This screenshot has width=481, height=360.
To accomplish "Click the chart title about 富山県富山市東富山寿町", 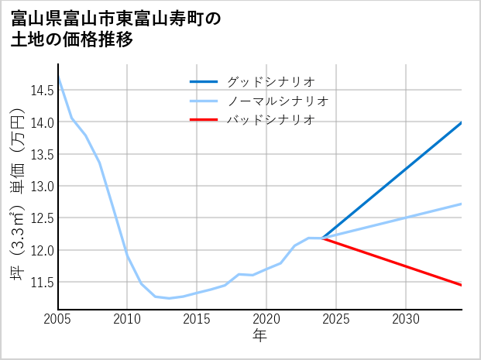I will coord(116,29).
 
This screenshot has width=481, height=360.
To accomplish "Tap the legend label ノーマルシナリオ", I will coord(277,101).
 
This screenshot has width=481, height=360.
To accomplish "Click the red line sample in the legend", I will coord(204,119).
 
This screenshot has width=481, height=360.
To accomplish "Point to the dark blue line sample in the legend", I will coord(204,81).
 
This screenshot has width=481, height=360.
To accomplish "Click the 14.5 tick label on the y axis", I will coord(42,91).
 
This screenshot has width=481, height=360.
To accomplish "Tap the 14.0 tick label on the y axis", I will coord(42,122).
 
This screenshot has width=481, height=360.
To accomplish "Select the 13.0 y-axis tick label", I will coord(42,186).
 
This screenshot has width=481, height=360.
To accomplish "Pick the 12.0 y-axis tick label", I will coord(42,250).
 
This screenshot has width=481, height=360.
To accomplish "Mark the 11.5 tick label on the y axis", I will coord(42,282).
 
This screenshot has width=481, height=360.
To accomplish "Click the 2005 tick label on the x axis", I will coord(57,319).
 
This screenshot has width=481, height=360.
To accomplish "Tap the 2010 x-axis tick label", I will coord(127,319).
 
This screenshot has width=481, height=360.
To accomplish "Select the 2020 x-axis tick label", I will coord(266,319).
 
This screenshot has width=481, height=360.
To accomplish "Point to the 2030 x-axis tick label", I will coord(406,319).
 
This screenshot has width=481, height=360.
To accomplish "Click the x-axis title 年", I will coord(259,335).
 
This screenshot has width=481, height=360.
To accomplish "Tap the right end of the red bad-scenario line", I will coord(462,285).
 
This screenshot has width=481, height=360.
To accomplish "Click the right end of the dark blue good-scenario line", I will coord(462,122).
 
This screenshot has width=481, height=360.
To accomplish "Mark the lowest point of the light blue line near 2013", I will coord(169,298).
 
